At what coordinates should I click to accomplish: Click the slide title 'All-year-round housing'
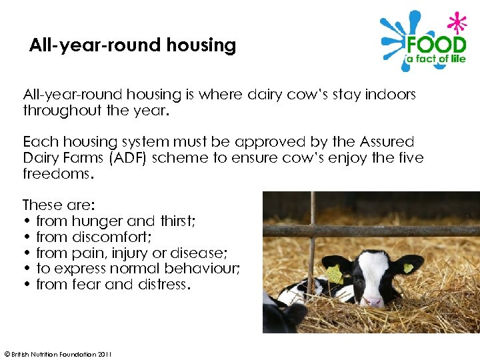(133, 45)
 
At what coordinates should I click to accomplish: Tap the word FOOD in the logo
(437, 46)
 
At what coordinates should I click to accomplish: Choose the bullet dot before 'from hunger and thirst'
(27, 221)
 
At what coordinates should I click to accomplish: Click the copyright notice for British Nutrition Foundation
(58, 354)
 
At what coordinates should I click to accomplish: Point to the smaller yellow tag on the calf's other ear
(408, 268)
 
